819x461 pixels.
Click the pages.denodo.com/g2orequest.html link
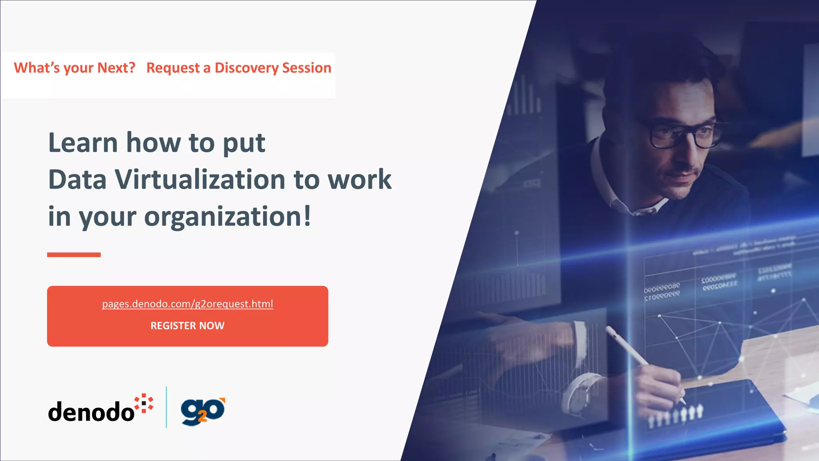(188, 304)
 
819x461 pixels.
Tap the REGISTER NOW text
(188, 326)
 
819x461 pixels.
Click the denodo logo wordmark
(91, 411)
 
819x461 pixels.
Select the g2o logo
(203, 411)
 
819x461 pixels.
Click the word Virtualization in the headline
(200, 179)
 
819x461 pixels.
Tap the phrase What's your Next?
(75, 68)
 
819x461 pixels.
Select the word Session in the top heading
(307, 68)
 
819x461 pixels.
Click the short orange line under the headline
(74, 255)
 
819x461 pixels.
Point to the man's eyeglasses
(680, 134)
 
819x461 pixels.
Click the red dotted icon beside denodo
(144, 403)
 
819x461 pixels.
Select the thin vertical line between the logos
(166, 407)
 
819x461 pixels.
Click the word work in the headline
(359, 179)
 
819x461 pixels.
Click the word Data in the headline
(77, 179)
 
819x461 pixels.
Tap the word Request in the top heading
(173, 68)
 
